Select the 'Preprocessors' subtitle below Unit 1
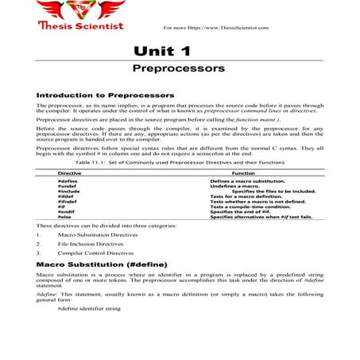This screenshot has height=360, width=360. point(179,69)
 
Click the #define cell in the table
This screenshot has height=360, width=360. point(68,182)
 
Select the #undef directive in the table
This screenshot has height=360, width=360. point(67,187)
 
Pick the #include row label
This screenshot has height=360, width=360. point(68,192)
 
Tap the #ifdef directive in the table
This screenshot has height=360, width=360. point(66,198)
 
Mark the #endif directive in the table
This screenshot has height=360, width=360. point(66,213)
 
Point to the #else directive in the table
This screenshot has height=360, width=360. point(65,219)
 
